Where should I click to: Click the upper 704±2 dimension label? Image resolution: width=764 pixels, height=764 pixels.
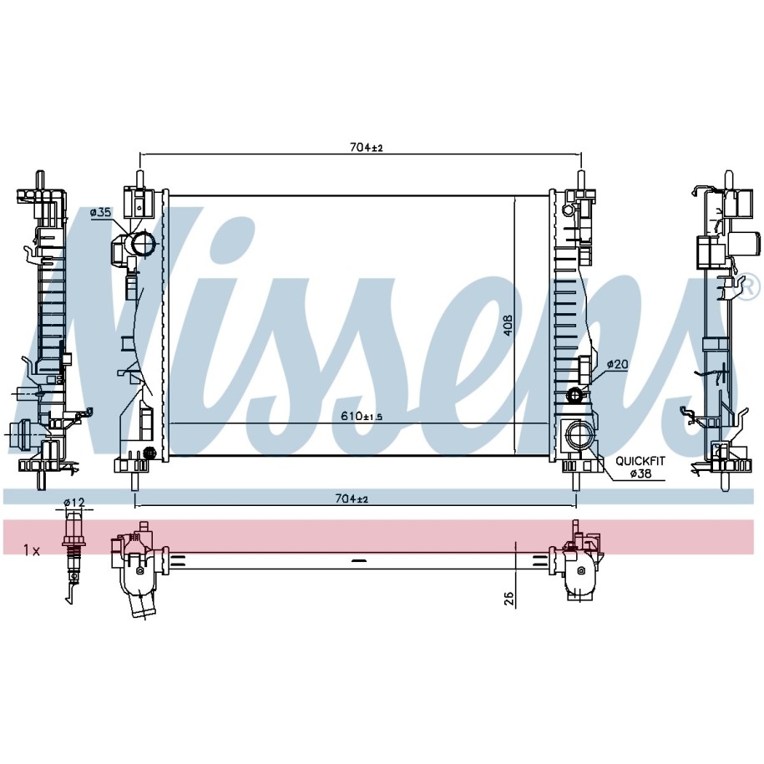click(367, 147)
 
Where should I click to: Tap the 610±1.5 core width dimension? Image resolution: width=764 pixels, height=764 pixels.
click(362, 416)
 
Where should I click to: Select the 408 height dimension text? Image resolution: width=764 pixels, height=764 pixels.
click(508, 326)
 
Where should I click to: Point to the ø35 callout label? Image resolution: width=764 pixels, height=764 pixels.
click(101, 212)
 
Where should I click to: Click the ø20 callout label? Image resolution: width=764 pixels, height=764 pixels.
click(617, 364)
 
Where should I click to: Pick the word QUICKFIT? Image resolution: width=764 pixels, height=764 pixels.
click(640, 461)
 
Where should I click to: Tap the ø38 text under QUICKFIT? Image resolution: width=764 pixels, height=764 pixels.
click(640, 473)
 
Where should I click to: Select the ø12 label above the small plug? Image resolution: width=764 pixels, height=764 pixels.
click(74, 502)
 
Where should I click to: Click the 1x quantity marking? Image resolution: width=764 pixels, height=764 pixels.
click(32, 550)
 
